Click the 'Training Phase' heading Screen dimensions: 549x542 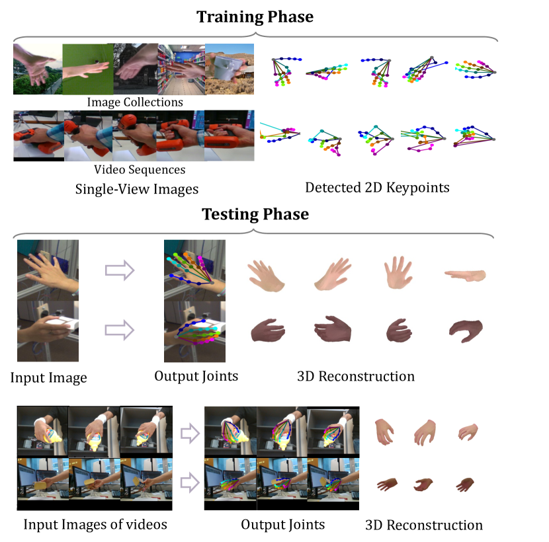(255, 17)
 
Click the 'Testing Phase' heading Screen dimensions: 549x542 (255, 214)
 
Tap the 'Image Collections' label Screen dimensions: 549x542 (135, 102)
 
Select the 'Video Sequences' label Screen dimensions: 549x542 (135, 170)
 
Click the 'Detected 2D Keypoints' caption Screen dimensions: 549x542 (377, 188)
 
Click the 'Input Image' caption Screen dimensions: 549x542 (48, 379)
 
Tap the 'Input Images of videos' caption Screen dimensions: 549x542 (95, 525)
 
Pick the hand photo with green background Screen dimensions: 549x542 (88, 68)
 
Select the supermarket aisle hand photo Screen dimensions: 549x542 (181, 68)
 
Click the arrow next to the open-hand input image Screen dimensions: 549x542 (120, 270)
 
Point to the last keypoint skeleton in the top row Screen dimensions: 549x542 (475, 69)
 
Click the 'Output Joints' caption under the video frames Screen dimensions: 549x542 (282, 525)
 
